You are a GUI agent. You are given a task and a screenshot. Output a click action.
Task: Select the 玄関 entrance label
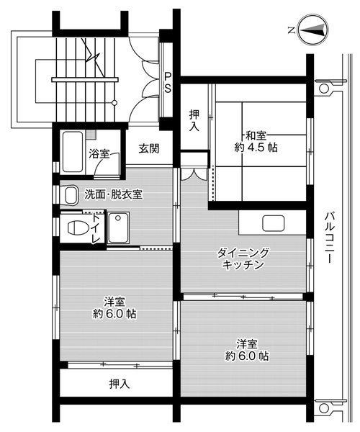[x=148, y=149]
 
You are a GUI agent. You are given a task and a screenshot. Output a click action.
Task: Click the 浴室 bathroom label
[x=99, y=153]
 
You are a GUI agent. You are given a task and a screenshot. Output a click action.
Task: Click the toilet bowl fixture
[x=75, y=228]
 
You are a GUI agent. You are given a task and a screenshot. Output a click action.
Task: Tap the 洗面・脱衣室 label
[x=113, y=194]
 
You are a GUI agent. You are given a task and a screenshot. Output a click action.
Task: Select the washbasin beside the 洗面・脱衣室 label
[x=70, y=194]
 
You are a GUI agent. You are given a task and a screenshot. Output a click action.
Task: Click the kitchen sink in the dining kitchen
[x=274, y=223]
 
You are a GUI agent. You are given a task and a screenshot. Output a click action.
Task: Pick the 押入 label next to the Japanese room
[x=194, y=120]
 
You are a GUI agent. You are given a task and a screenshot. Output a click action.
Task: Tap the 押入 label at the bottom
[x=119, y=383]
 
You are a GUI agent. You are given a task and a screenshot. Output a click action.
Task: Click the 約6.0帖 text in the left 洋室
[x=115, y=314]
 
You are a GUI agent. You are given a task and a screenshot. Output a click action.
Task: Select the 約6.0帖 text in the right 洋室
[x=247, y=356]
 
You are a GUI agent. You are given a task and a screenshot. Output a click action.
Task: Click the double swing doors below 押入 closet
[x=191, y=174]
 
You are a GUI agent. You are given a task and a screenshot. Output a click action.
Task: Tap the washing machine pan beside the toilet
[x=117, y=229]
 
